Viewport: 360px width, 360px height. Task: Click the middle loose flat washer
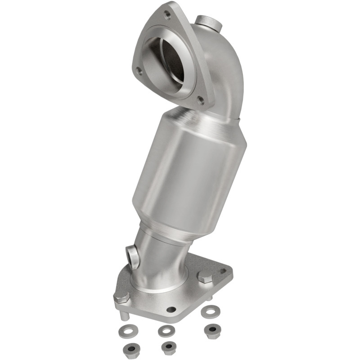point(166,331)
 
